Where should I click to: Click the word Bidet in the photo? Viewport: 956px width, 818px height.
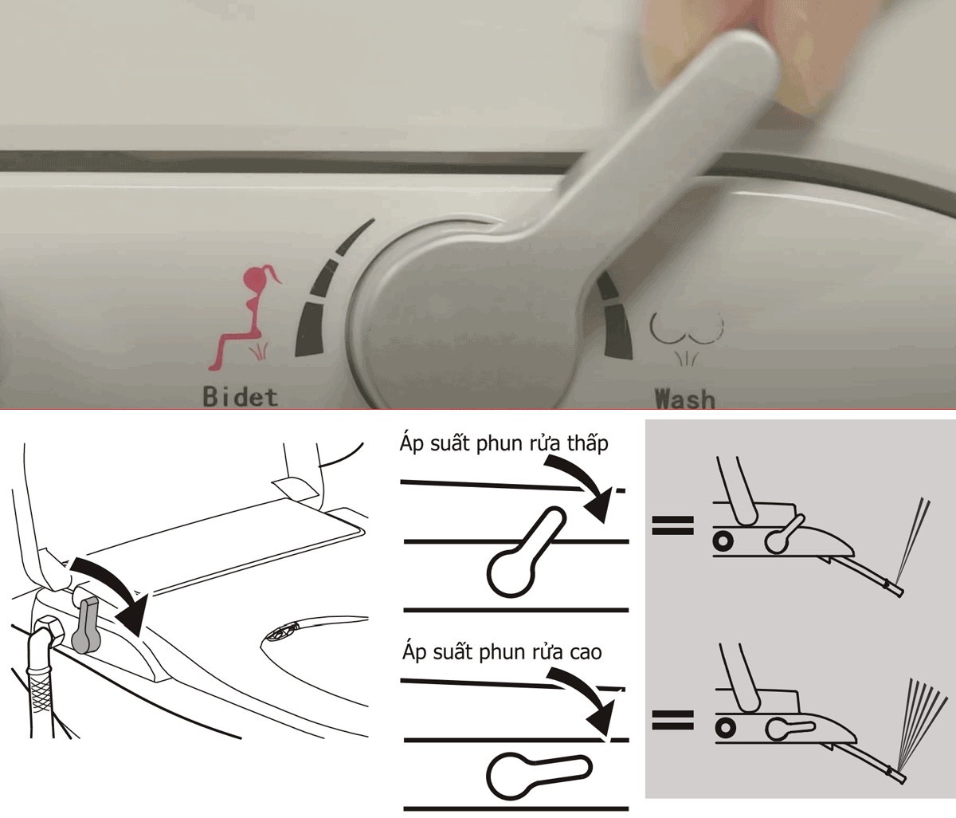[x=241, y=397]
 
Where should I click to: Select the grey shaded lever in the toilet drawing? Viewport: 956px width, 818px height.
[x=86, y=624]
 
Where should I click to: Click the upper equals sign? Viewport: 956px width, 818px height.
[x=673, y=525]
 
